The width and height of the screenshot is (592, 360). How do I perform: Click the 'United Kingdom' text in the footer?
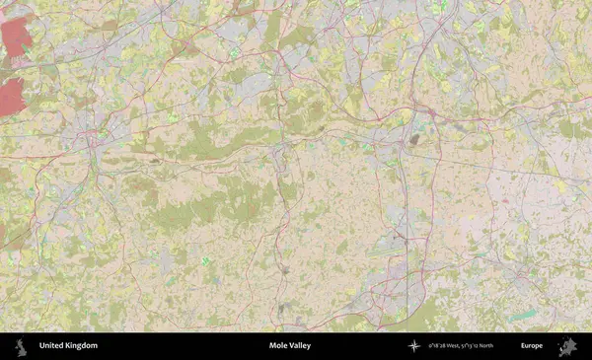point(68,346)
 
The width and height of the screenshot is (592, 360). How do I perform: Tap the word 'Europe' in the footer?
point(532,346)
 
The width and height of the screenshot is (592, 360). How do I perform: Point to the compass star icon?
point(413,346)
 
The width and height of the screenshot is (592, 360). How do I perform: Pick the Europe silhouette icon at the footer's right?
point(567,346)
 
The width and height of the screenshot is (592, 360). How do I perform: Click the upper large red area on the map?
point(16,39)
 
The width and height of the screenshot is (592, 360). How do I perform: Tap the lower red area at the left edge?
point(10,97)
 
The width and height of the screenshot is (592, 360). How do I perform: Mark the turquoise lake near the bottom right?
point(523,315)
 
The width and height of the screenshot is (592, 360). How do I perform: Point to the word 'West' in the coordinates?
point(456,346)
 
